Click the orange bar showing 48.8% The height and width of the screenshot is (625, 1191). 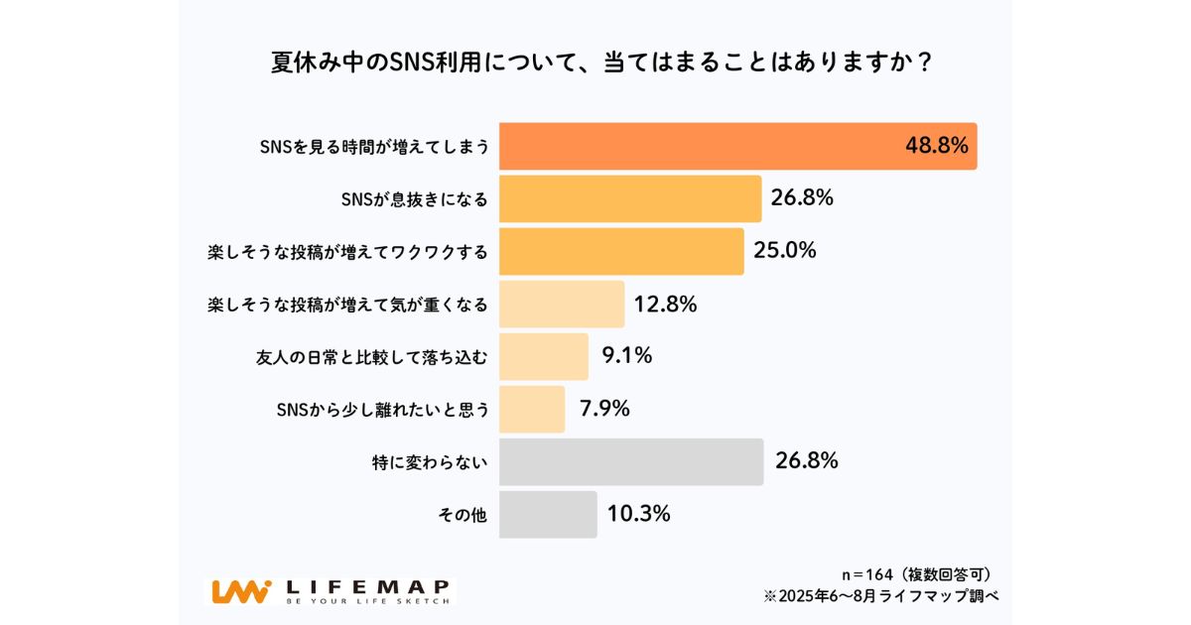[695, 146]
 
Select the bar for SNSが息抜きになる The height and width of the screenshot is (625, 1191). [629, 198]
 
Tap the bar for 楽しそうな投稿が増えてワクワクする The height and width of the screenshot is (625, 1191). [621, 251]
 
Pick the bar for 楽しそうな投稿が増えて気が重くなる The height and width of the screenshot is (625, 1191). [562, 304]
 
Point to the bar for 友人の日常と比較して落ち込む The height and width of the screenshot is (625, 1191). [543, 356]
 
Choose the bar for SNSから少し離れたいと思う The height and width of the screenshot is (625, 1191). [532, 409]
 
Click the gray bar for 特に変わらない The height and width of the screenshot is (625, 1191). [631, 461]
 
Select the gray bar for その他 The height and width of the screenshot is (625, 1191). [548, 514]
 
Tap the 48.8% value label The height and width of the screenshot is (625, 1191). [936, 146]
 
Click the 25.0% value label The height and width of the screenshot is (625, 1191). [785, 251]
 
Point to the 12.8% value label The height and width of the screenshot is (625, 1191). [666, 304]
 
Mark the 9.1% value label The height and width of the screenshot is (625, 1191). [627, 356]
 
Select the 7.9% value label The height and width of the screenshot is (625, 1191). [605, 409]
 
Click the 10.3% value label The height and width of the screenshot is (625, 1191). [638, 514]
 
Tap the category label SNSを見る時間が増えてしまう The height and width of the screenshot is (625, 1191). [374, 147]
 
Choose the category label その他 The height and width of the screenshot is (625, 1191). [463, 515]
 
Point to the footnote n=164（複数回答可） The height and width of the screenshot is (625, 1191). [913, 574]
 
